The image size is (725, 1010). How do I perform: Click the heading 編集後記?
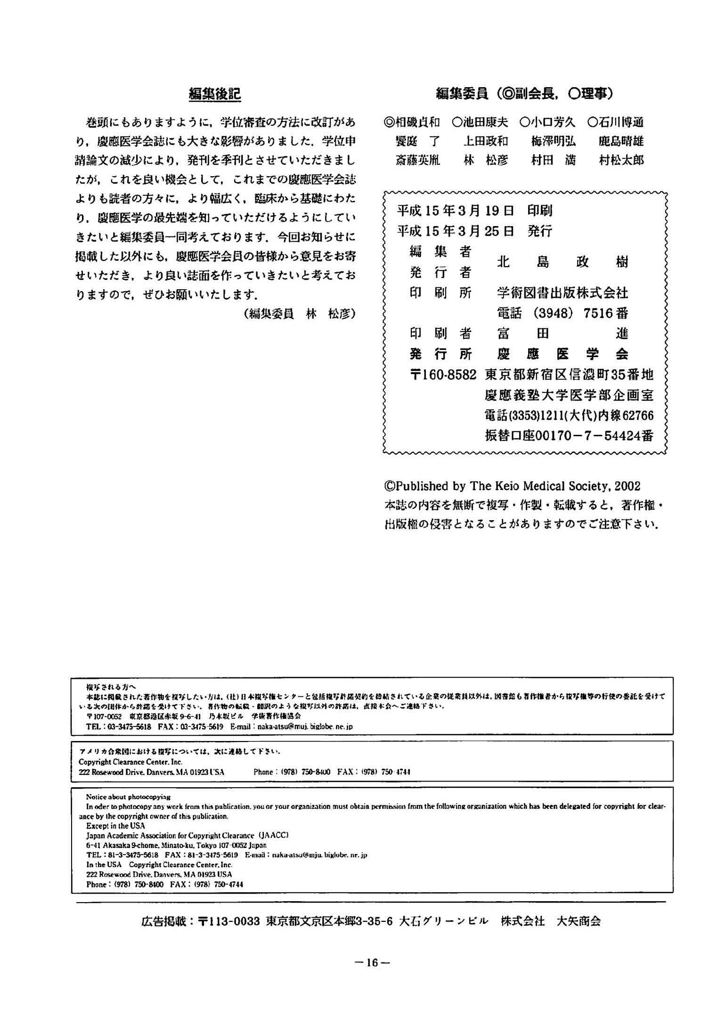(215, 94)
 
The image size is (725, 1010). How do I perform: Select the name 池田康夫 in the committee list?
(480, 122)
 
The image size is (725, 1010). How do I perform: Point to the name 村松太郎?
(621, 161)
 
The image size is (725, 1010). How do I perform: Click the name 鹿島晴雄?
(621, 141)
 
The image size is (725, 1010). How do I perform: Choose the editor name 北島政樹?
(562, 262)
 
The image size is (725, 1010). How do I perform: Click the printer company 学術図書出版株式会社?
(562, 293)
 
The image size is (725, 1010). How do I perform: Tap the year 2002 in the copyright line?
(627, 486)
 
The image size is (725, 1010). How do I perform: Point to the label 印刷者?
(440, 334)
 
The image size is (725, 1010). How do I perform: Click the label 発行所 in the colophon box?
(440, 354)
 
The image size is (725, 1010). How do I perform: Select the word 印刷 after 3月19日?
(540, 211)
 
